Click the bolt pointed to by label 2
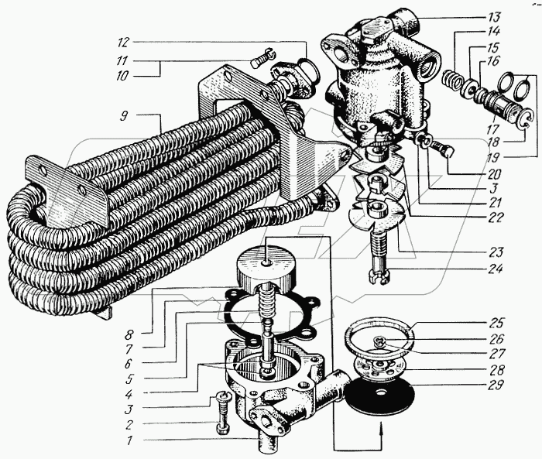pos(222,413)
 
